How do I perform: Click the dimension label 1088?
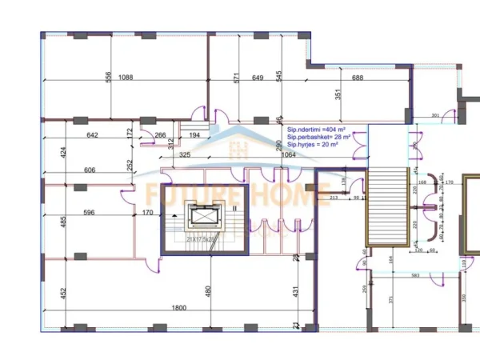126,78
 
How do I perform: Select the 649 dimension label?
258,78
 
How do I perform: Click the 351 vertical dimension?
338,94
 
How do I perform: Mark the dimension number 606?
90,170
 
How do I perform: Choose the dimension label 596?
90,212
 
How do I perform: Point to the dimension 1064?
290,155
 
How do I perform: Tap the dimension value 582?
415,276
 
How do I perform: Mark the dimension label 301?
435,117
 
